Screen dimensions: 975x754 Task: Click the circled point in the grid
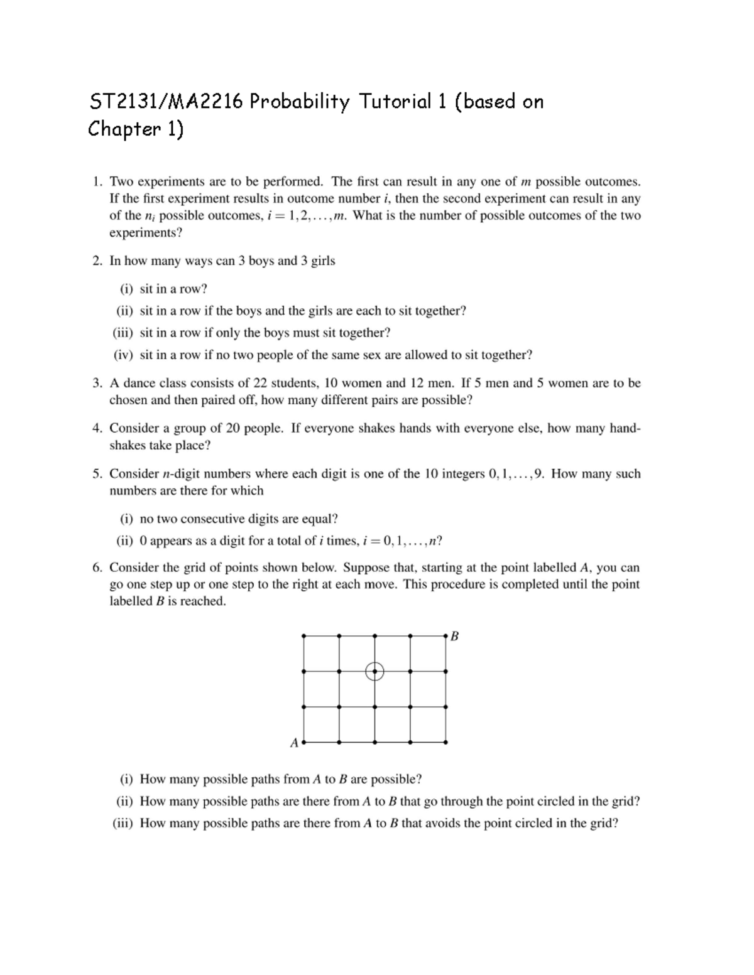click(374, 671)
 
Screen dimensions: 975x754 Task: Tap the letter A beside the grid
click(294, 743)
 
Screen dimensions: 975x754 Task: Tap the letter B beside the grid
click(455, 636)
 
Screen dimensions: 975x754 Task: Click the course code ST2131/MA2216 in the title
click(165, 101)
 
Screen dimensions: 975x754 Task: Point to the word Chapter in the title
click(117, 129)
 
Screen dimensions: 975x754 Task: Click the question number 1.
click(97, 181)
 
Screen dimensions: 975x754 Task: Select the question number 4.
click(97, 428)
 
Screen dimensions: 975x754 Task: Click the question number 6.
click(97, 568)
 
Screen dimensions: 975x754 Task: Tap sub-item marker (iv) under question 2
click(123, 355)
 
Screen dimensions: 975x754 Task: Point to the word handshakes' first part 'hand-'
click(625, 428)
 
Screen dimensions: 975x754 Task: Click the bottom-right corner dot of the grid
click(445, 742)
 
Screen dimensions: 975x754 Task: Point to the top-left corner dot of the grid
click(303, 636)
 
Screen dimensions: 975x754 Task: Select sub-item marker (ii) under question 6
click(124, 801)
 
